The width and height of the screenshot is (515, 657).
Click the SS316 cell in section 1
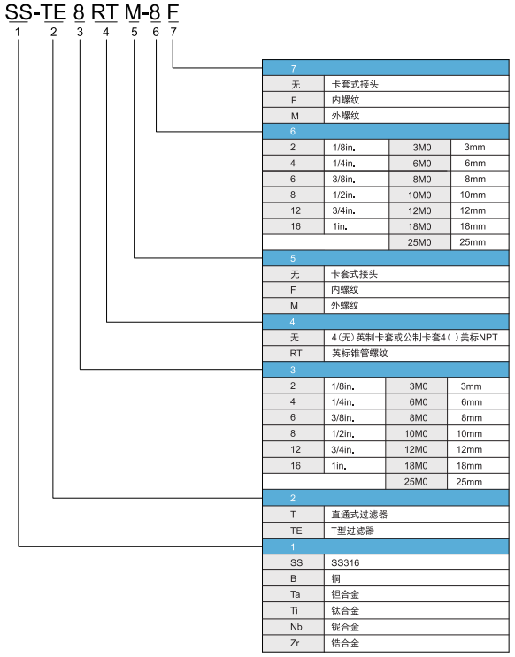tap(417, 562)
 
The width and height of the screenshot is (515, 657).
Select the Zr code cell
tap(294, 643)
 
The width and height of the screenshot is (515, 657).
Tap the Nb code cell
tap(294, 627)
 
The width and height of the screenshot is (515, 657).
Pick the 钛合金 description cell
tap(417, 610)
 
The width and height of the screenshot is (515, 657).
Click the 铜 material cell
tap(417, 578)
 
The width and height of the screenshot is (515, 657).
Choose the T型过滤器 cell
tap(417, 531)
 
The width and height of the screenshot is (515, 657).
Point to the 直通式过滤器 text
tap(359, 514)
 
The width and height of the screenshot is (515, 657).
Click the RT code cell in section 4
tap(294, 353)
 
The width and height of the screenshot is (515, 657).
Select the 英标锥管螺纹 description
tap(360, 353)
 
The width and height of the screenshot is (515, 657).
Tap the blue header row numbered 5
tap(386, 258)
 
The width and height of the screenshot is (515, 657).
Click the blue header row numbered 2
tap(386, 498)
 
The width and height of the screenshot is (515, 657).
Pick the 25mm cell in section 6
tap(480, 242)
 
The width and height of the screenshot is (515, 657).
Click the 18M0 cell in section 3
tap(416, 465)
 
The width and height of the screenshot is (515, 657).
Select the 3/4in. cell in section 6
tap(357, 210)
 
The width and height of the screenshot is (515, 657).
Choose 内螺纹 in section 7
tap(346, 100)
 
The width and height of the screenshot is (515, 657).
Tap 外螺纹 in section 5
tap(345, 305)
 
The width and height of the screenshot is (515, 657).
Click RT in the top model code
tap(104, 12)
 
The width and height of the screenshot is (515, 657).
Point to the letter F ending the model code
tap(173, 12)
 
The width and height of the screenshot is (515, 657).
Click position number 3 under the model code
tap(80, 32)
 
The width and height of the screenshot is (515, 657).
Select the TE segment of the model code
tap(53, 12)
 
